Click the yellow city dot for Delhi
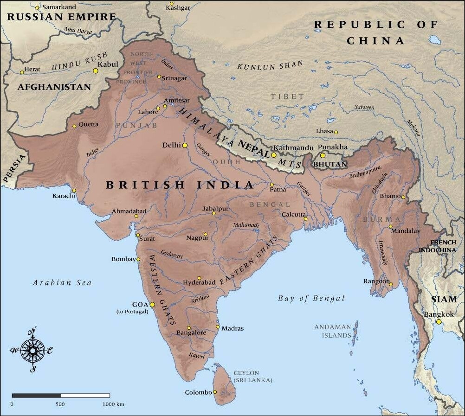(x=185, y=145)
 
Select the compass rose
(x=32, y=350)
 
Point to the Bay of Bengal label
(x=311, y=298)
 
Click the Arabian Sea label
(x=62, y=282)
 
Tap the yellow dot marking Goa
(x=152, y=304)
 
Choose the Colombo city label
(x=198, y=392)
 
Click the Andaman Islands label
(x=333, y=331)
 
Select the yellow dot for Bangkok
(x=439, y=321)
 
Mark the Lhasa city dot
(x=336, y=132)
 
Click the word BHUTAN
(x=330, y=164)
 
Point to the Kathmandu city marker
(x=274, y=155)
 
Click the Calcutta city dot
(x=305, y=218)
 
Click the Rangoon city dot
(x=391, y=284)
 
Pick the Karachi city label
(x=64, y=196)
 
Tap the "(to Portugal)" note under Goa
(x=132, y=312)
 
